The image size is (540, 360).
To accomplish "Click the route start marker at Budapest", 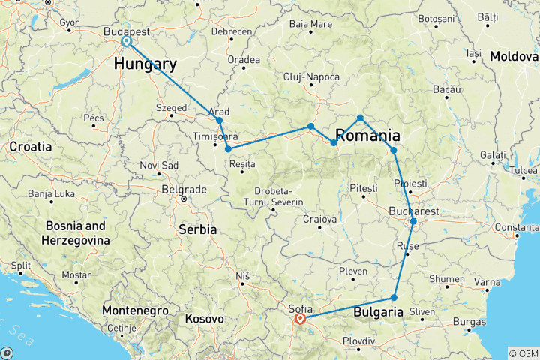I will pos(127,42).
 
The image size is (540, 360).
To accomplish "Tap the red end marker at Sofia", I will pos(300,318).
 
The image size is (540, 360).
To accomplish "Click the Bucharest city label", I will pos(414,211).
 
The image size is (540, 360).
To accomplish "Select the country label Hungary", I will pos(145,64).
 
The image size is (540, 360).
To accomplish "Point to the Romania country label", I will pos(367,136).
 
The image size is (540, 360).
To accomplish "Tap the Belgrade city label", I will pos(184,189).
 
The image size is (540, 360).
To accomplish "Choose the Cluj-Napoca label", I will pos(311,77).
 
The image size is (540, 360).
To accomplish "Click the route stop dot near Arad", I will pos(219,120).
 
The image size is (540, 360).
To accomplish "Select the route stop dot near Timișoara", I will pos(228,149).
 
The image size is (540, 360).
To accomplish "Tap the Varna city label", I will pos(487,282).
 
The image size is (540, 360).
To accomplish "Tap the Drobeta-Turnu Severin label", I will pos(278,196).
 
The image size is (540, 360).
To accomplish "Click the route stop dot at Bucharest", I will pos(413,221).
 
